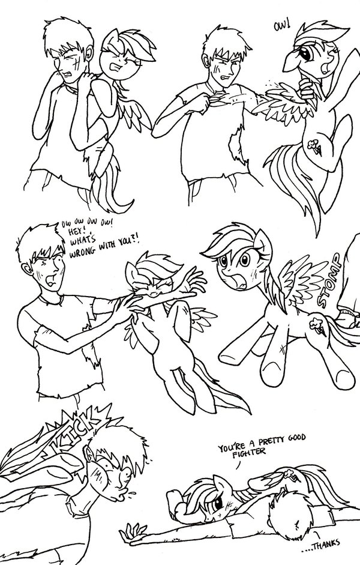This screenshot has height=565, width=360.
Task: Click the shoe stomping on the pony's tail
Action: (348, 317)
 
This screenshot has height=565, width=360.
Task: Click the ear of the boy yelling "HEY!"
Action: (26, 270)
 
